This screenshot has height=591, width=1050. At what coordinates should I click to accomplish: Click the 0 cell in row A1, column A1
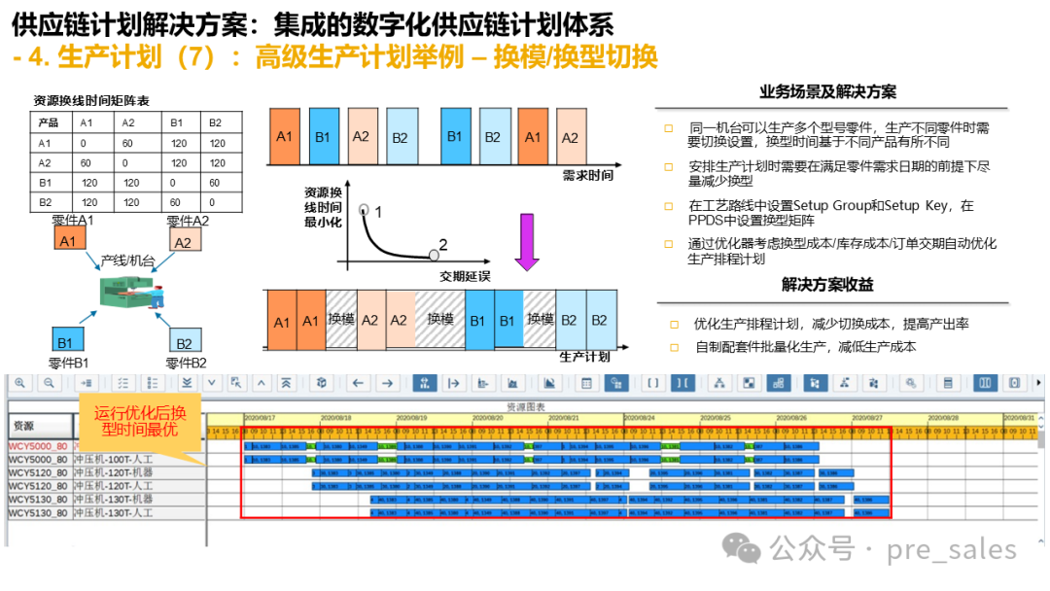(x=87, y=143)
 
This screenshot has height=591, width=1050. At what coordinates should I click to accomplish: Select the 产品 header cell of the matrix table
(x=49, y=123)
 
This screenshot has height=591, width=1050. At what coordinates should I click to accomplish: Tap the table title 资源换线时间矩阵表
(x=90, y=101)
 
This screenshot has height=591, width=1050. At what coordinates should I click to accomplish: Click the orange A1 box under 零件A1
(x=67, y=240)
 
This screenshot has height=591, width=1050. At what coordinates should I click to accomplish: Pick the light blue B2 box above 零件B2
(x=183, y=341)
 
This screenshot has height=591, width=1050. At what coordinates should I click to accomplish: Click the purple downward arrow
(x=526, y=243)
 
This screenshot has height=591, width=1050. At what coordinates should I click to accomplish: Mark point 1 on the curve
(x=365, y=210)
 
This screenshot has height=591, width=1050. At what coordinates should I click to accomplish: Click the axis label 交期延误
(x=465, y=277)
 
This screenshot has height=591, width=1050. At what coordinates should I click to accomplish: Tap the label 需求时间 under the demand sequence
(x=588, y=175)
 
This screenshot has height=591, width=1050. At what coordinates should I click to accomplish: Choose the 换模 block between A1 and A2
(x=342, y=320)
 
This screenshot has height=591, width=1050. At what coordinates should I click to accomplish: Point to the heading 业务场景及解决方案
(x=827, y=92)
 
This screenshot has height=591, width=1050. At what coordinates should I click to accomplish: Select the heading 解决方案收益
(x=827, y=285)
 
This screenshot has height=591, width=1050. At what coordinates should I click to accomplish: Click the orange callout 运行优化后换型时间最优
(x=140, y=418)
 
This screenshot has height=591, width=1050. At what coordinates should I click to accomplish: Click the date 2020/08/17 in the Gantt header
(x=260, y=417)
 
